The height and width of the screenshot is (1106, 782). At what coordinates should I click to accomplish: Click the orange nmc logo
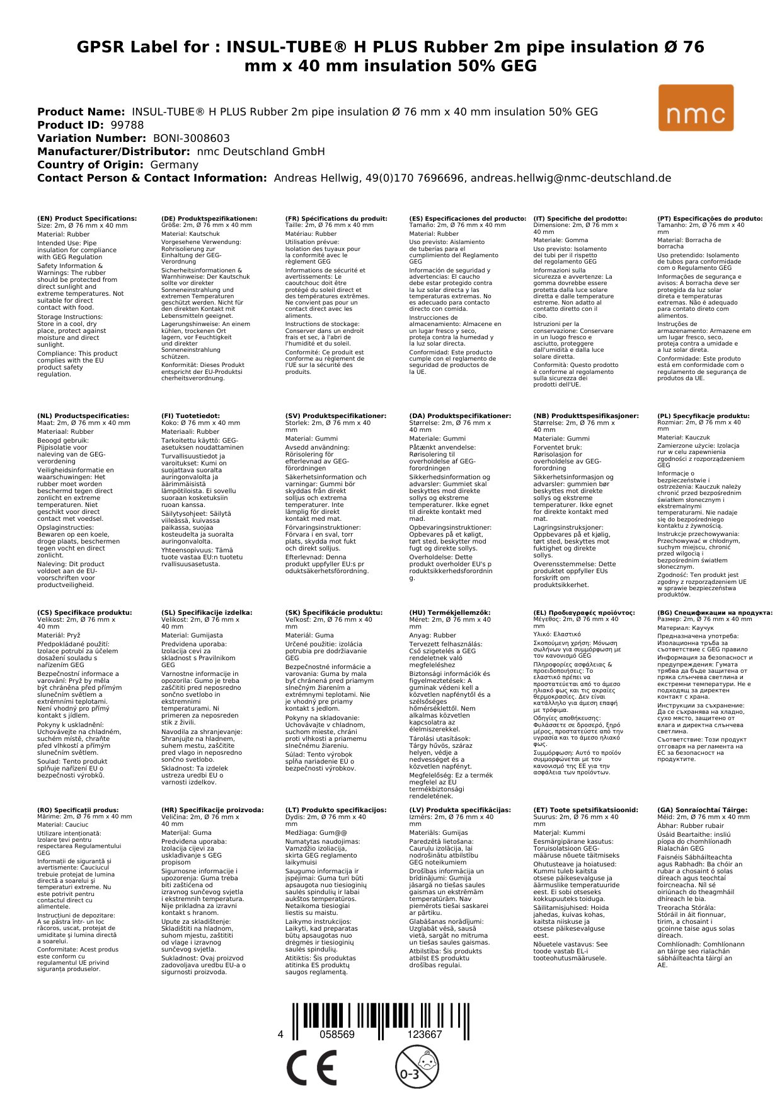pyautogui.click(x=696, y=108)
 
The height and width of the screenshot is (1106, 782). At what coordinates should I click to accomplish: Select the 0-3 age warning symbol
pyautogui.click(x=417, y=1067)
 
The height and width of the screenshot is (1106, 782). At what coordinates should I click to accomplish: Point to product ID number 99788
pyautogui.click(x=127, y=125)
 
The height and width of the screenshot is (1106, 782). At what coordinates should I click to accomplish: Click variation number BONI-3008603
pyautogui.click(x=192, y=138)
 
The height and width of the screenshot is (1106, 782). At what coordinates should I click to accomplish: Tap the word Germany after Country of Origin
pyautogui.click(x=174, y=165)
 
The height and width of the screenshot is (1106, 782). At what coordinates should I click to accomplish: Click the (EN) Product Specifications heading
pyautogui.click(x=87, y=219)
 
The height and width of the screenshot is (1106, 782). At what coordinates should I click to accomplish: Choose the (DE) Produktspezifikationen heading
pyautogui.click(x=209, y=219)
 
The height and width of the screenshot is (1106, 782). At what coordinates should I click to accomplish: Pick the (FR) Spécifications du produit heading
pyautogui.click(x=336, y=219)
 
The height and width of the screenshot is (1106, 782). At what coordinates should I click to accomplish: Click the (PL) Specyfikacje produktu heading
pyautogui.click(x=703, y=416)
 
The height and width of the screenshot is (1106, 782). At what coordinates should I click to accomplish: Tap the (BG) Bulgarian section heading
pyautogui.click(x=715, y=612)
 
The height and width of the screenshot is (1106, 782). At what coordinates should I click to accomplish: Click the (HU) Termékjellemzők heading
pyautogui.click(x=449, y=612)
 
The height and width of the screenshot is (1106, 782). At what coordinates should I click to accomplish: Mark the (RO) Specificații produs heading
pyautogui.click(x=78, y=810)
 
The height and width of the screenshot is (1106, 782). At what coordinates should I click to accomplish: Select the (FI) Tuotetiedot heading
pyautogui.click(x=190, y=416)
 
